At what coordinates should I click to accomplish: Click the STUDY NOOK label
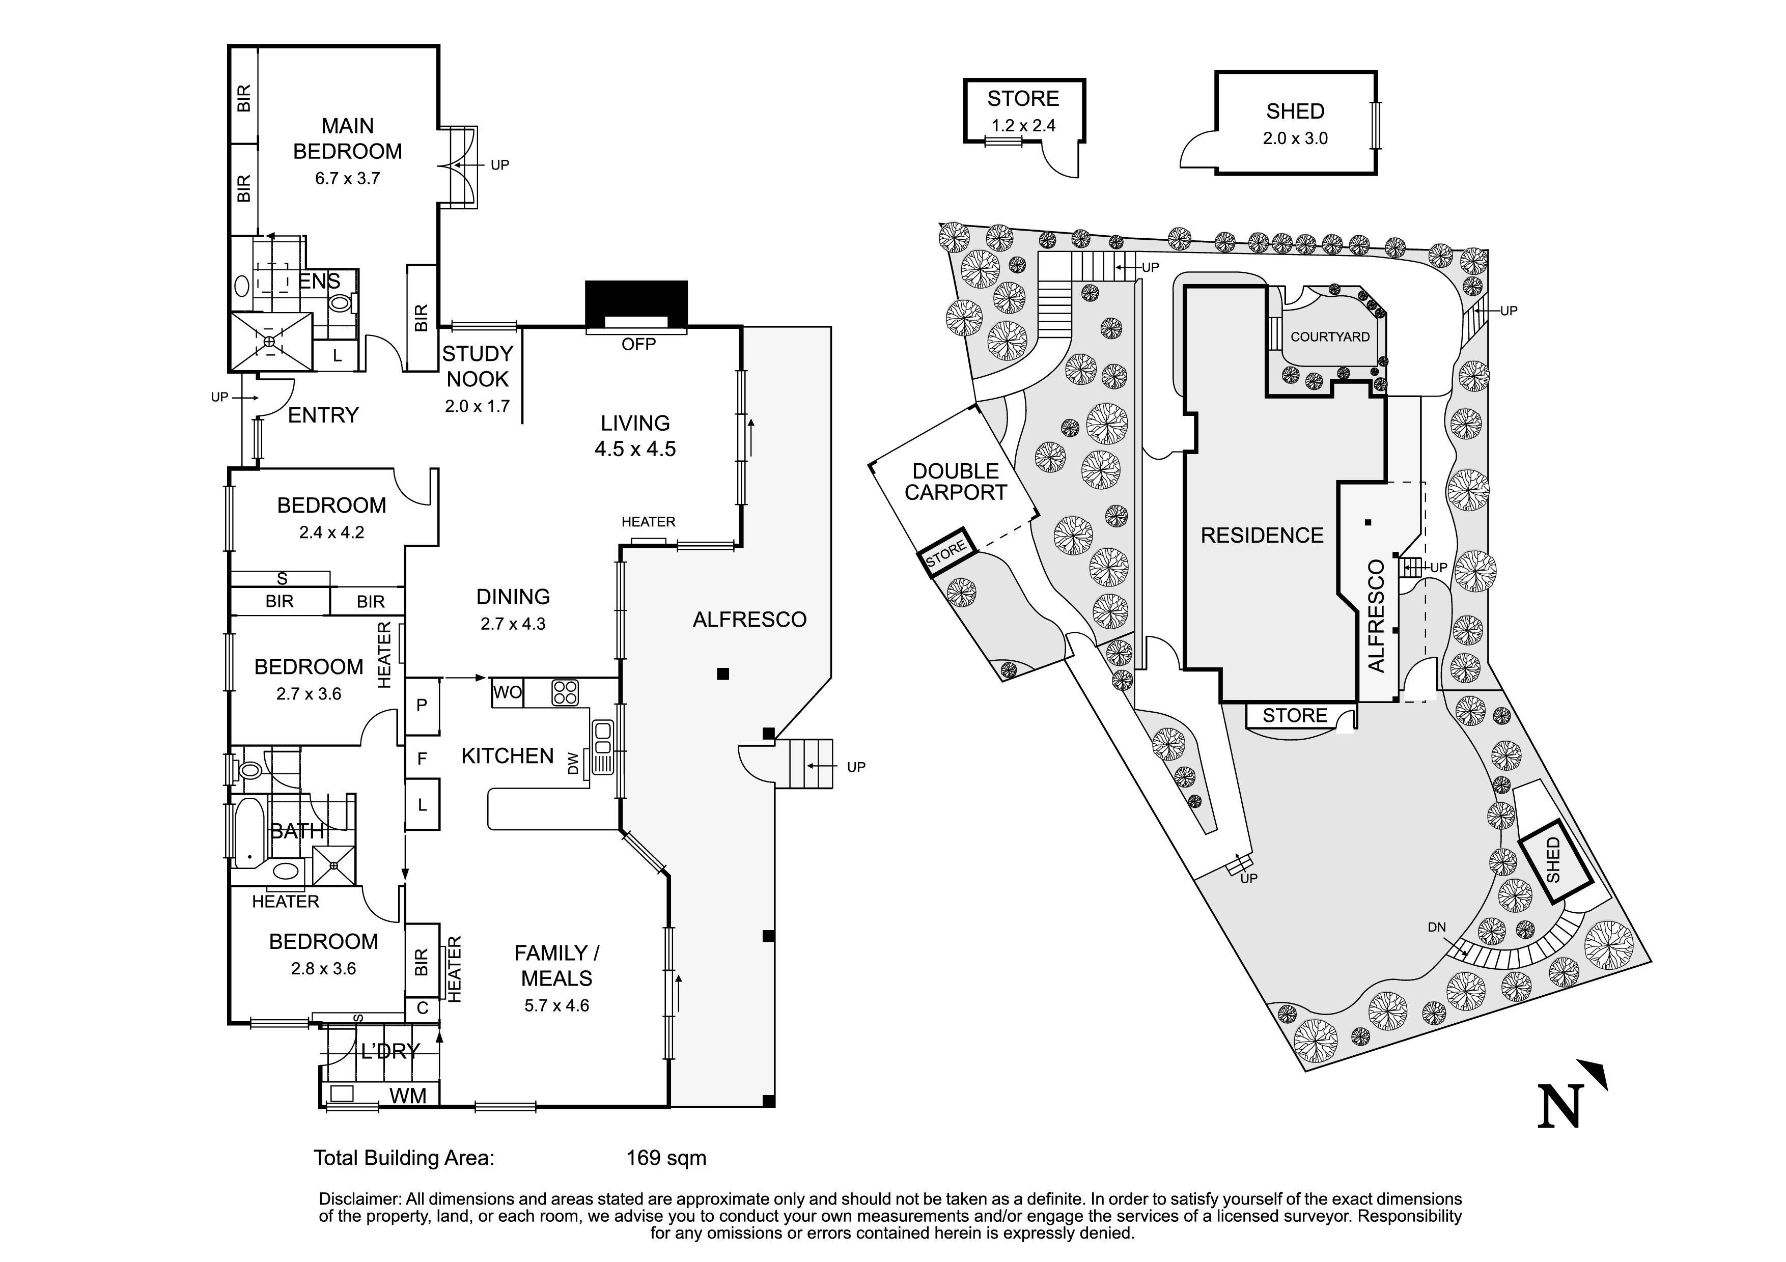[x=477, y=366]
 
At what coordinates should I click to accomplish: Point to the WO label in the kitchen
[x=507, y=692]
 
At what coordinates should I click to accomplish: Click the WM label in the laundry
[x=408, y=1096]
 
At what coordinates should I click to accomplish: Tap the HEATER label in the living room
[x=648, y=522]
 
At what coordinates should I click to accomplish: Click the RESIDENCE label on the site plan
[x=1262, y=536]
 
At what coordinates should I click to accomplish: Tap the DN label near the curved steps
[x=1437, y=928]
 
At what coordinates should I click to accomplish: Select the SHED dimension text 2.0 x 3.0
[x=1295, y=138]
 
